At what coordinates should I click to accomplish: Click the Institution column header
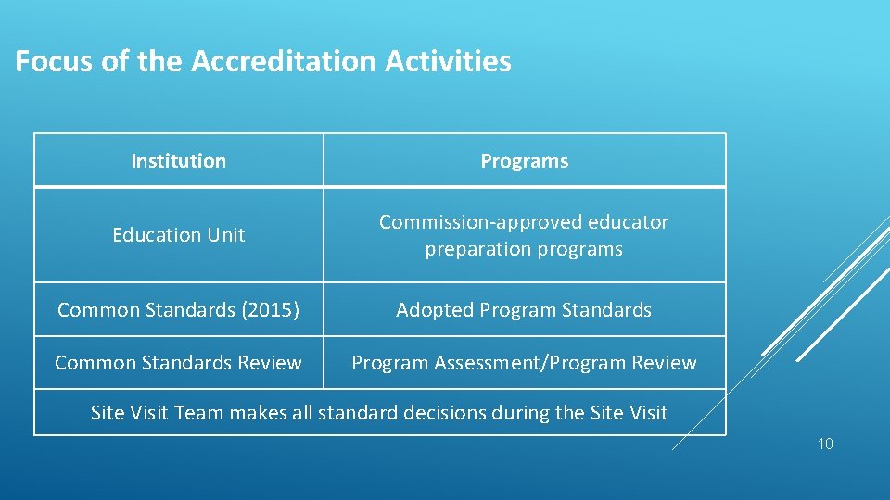pos(179,161)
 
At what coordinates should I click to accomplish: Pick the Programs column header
pos(524,161)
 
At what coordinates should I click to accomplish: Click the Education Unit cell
pos(179,235)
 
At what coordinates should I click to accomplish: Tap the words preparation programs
pos(524,249)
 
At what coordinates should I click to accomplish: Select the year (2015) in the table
pos(270,310)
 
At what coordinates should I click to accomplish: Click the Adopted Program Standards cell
pos(524,310)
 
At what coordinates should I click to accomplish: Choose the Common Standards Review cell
pos(179,363)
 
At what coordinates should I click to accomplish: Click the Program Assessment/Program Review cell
pos(524,363)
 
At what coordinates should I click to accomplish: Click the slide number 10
pos(825,444)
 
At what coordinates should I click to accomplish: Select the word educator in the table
pos(629,222)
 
